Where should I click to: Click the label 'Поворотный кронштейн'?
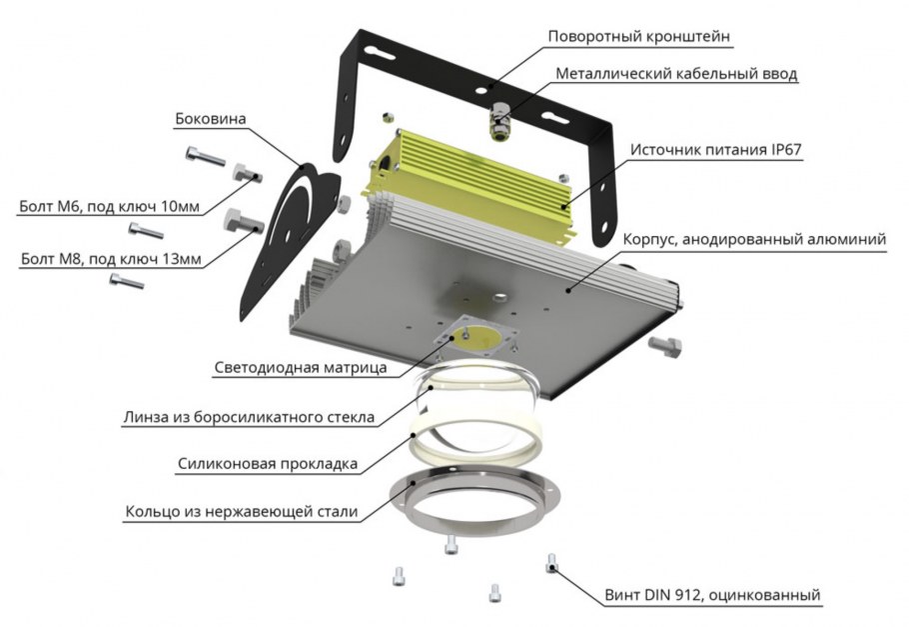[639, 37]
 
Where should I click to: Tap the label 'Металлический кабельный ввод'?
[676, 74]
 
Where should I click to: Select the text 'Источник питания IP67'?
[715, 150]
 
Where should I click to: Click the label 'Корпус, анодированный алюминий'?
[754, 239]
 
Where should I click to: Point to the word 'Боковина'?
[211, 119]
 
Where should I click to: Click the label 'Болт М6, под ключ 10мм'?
[109, 207]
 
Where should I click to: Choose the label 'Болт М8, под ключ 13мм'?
[111, 259]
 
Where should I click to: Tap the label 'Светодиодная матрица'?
[301, 368]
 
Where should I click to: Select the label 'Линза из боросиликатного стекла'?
[249, 417]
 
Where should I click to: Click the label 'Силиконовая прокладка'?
[268, 464]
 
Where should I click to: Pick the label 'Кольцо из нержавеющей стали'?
[241, 512]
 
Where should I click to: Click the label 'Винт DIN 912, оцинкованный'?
[712, 595]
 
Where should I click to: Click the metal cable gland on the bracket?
[498, 121]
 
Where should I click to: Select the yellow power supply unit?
[469, 186]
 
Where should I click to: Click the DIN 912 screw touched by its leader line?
[551, 563]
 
